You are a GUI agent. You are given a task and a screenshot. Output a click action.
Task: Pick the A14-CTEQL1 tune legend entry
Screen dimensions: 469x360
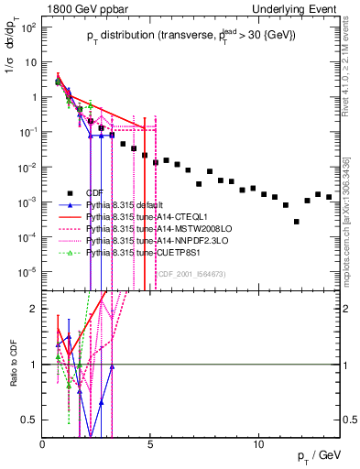tap(132, 217)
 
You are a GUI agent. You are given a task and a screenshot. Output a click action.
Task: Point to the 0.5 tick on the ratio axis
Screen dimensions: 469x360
tap(30, 420)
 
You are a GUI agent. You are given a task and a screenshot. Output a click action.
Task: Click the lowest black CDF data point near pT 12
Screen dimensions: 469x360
tap(297, 222)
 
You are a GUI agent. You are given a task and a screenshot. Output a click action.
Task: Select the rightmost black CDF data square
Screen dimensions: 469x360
tap(329, 197)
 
